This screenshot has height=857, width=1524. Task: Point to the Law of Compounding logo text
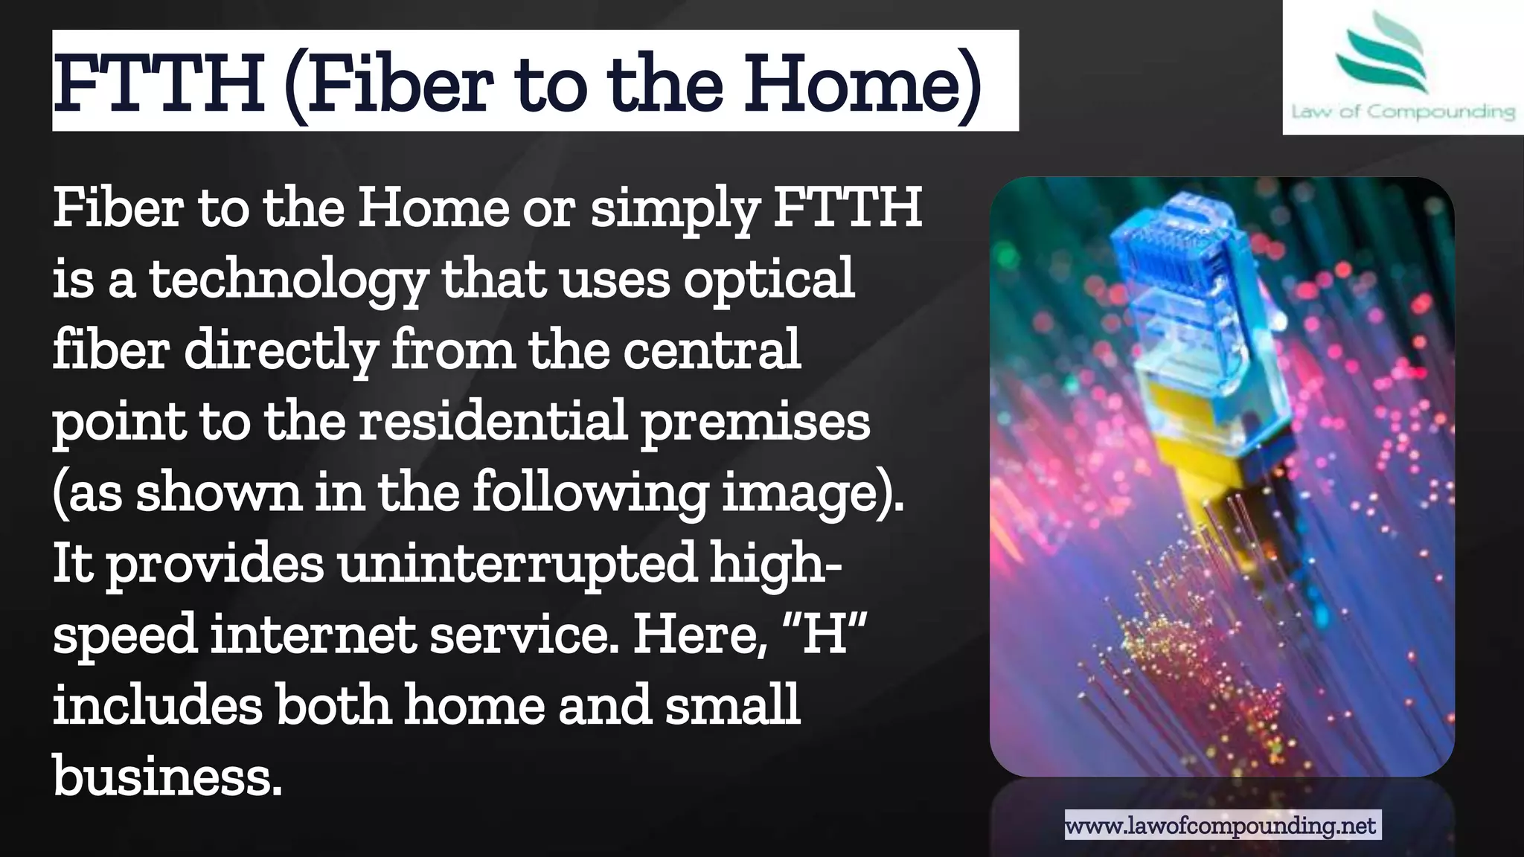pos(1403,112)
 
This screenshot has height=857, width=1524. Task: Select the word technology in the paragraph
pos(289,280)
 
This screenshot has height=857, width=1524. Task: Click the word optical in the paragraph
pos(769,280)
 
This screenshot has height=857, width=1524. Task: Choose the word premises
pos(755,421)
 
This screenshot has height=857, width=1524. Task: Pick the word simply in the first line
pos(674,208)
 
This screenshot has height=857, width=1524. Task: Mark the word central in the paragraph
pos(712,350)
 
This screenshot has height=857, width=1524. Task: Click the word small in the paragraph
pos(732,704)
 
